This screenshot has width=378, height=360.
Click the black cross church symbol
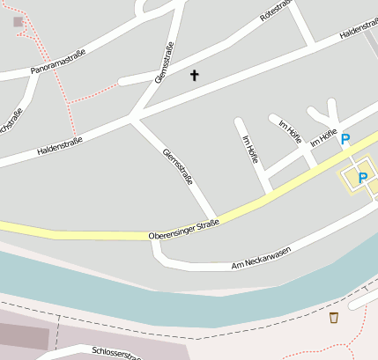tap(194, 76)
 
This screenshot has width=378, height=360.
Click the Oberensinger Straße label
tap(183, 230)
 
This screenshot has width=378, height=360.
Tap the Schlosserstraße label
tap(115, 353)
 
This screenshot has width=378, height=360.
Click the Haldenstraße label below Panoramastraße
tap(60, 145)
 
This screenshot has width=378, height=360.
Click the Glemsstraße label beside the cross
tap(164, 63)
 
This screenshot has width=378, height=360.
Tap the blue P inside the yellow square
tap(362, 179)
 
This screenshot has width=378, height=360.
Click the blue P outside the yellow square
tap(345, 139)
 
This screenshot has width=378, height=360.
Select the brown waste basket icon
tap(333, 318)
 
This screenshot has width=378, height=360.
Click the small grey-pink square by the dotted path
tap(19, 21)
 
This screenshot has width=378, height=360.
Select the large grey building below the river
tap(22, 334)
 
